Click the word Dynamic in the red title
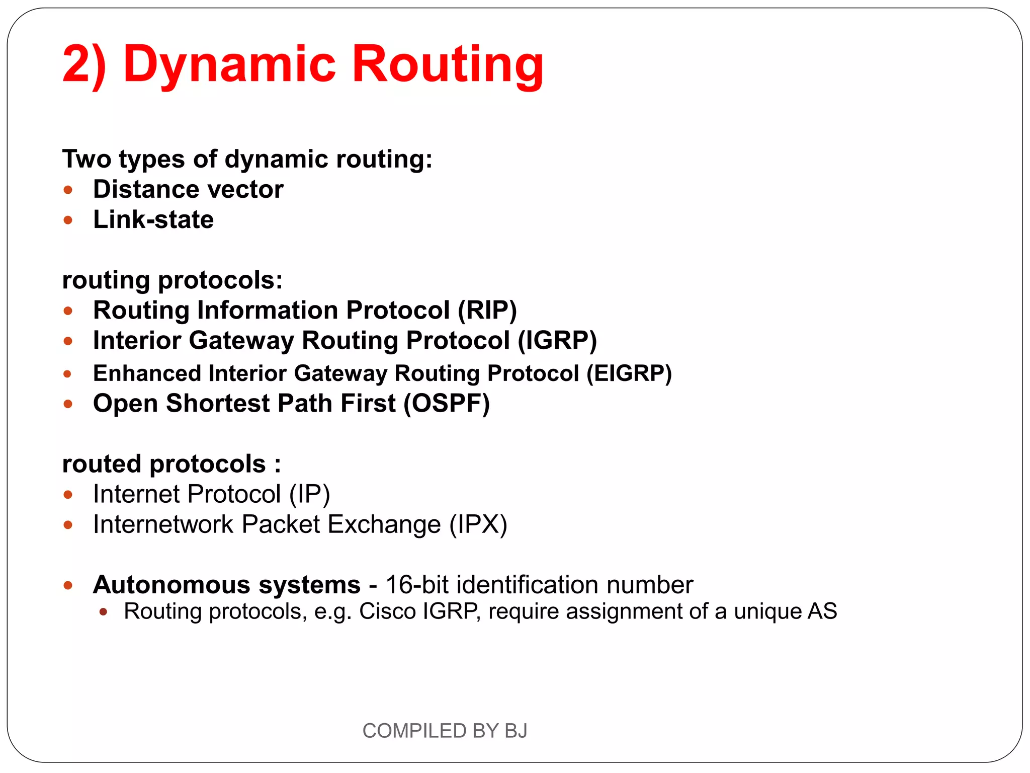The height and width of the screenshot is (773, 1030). click(x=229, y=64)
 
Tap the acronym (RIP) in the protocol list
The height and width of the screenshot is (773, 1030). click(x=487, y=310)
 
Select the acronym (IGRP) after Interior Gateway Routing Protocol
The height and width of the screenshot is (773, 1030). click(x=557, y=340)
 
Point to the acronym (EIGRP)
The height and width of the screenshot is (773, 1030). click(x=629, y=373)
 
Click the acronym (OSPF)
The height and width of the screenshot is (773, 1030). click(x=447, y=404)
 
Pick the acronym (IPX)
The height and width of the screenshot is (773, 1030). click(x=478, y=524)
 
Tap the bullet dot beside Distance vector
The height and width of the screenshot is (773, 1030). click(x=68, y=190)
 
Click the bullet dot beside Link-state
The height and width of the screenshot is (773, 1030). click(x=68, y=220)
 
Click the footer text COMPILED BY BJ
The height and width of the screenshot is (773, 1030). click(x=445, y=731)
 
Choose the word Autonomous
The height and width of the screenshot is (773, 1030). click(x=171, y=585)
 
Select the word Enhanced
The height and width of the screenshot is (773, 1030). click(x=147, y=373)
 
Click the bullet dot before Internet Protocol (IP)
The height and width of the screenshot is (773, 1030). click(x=68, y=495)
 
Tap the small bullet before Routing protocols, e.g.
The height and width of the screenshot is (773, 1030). click(x=104, y=612)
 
